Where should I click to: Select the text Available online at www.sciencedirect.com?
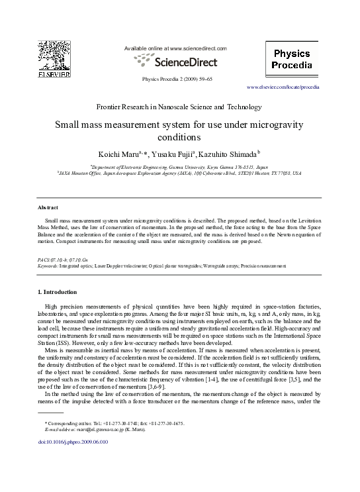tap(175, 49)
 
